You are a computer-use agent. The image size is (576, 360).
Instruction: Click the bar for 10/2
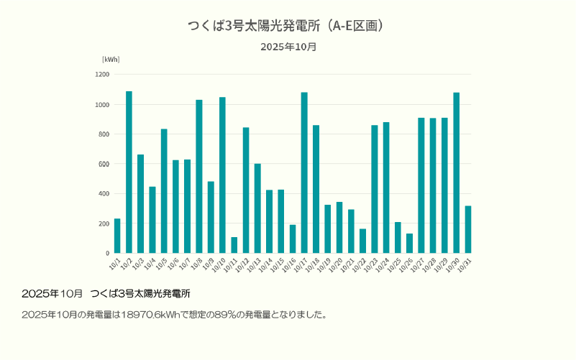tap(129, 172)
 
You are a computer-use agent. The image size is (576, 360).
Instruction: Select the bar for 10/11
tap(234, 245)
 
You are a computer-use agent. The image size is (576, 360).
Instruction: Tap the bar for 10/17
tap(304, 172)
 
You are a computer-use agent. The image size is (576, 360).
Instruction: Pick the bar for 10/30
tap(456, 172)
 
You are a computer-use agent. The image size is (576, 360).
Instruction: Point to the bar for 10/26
tap(409, 244)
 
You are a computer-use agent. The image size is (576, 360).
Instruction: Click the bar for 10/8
tap(199, 176)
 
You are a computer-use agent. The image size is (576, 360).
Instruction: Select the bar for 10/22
tap(362, 241)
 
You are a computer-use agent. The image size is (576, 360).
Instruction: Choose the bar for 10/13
tap(257, 208)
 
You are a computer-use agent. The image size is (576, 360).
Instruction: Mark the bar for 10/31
tap(468, 229)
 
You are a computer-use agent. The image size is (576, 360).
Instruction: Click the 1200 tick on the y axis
tap(102, 75)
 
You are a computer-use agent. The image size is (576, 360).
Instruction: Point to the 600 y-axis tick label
tap(104, 164)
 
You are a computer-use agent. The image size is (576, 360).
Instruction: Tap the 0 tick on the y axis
tap(107, 254)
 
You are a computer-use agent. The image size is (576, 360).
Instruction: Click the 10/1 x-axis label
tap(115, 264)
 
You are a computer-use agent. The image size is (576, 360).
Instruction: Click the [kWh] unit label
tap(111, 60)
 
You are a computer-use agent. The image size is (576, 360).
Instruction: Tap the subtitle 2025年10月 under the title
tap(288, 47)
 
